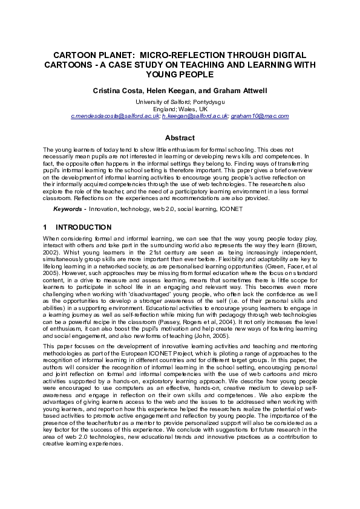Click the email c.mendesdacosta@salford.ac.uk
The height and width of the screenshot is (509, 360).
(x=115, y=115)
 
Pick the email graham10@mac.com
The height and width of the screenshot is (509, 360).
(x=260, y=115)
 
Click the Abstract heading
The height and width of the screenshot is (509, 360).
(x=180, y=138)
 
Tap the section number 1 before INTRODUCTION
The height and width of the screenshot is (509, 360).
(x=45, y=228)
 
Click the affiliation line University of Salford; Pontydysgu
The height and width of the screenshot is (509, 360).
(x=180, y=102)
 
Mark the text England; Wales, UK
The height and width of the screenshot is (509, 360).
(x=180, y=108)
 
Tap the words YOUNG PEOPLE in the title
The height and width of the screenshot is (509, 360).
(x=180, y=74)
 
